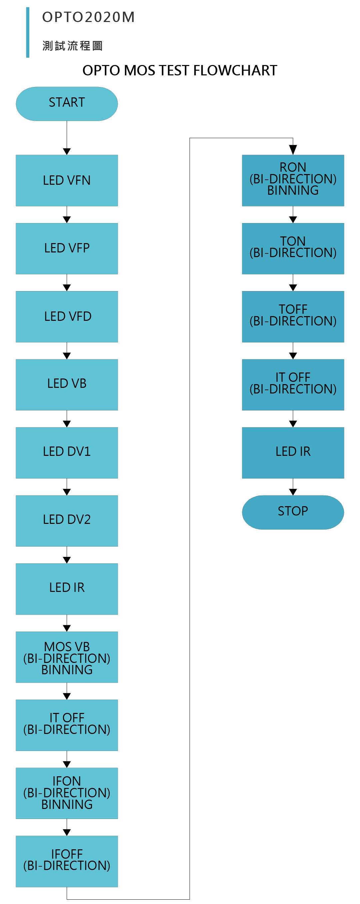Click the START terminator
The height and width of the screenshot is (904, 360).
[x=67, y=104]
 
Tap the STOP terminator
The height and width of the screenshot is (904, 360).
[x=293, y=513]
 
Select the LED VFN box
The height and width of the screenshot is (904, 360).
[x=67, y=180]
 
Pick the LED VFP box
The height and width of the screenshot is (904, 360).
[x=67, y=248]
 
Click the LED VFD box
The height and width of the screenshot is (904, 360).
[x=67, y=316]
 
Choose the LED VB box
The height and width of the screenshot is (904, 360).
[x=67, y=384]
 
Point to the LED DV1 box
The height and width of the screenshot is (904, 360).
[x=67, y=453]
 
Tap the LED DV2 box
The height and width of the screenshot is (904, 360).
[x=67, y=521]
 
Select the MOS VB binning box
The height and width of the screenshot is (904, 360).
[x=67, y=657]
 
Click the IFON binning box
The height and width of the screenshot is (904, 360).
[x=67, y=793]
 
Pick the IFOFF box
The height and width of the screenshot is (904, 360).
[x=67, y=862]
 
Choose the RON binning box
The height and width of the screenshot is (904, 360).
[x=293, y=180]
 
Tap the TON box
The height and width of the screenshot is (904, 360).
[x=293, y=248]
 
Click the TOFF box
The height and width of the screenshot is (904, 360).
[x=293, y=316]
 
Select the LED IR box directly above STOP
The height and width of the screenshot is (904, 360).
[x=293, y=453]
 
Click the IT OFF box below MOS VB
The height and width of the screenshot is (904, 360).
[x=67, y=725]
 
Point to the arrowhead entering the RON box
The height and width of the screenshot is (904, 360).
[x=293, y=150]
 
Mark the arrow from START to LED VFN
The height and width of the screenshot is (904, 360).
[x=67, y=138]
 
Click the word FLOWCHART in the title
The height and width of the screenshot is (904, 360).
[x=235, y=71]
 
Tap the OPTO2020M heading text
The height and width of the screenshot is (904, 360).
[x=88, y=17]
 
